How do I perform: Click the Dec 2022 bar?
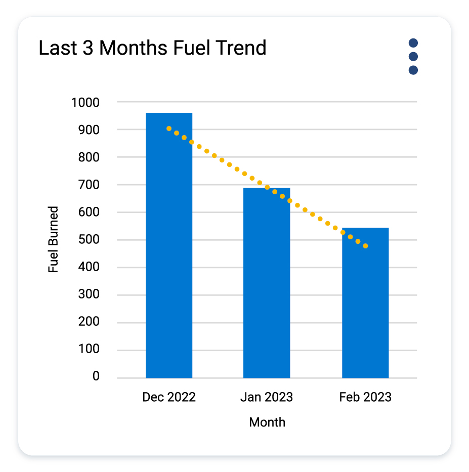pos(169,245)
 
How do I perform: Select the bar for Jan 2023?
pos(267,283)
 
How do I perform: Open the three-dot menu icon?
pos(413,57)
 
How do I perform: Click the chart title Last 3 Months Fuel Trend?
pos(153,49)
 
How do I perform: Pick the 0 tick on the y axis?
pos(96,377)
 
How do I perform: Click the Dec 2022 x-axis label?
pos(169,397)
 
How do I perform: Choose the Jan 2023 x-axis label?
pos(267,397)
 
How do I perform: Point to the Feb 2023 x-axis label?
pos(365,397)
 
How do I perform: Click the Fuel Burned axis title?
pos(54,239)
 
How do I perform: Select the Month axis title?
pos(267,422)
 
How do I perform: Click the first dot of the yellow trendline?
pos(169,128)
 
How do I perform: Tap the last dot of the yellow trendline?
pos(365,246)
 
